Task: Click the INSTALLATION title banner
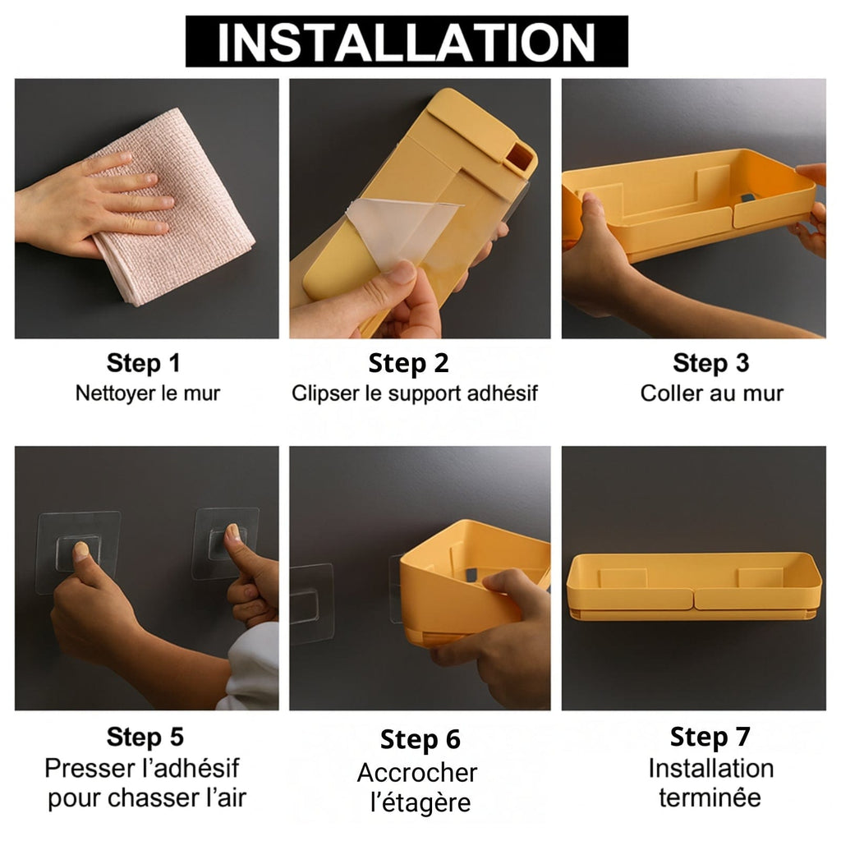(407, 41)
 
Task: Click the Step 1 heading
(143, 363)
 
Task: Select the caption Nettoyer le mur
(148, 393)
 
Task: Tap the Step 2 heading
(408, 363)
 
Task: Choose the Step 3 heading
(710, 363)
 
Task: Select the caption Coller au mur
(712, 393)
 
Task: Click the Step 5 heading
(145, 737)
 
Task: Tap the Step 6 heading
(420, 740)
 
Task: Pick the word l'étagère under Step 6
(420, 803)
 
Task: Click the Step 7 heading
(710, 737)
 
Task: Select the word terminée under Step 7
(710, 797)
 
